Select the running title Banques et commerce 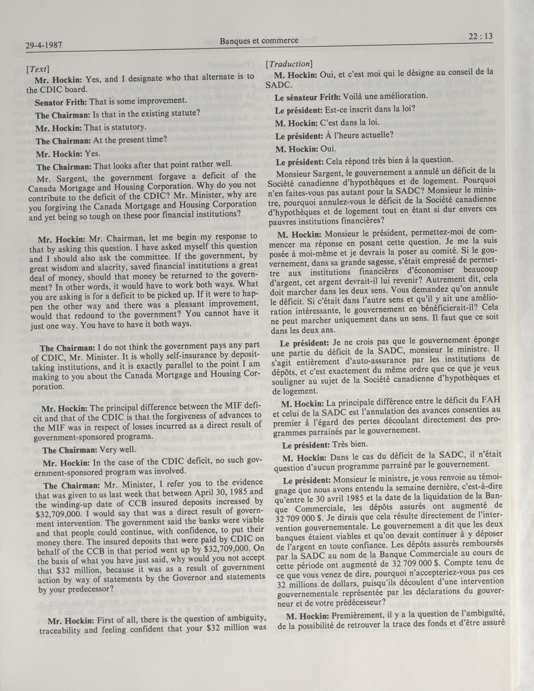(x=259, y=40)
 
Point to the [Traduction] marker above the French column (x=289, y=64)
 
